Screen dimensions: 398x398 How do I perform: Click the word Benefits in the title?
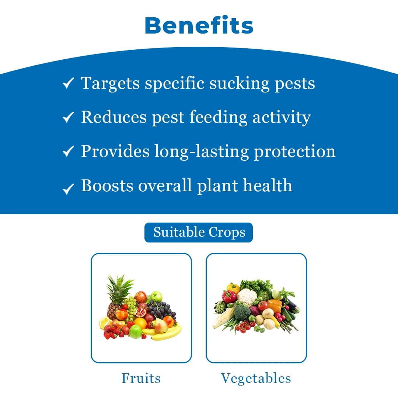pyautogui.click(x=199, y=25)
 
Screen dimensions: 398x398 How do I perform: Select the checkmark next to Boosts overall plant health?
pyautogui.click(x=68, y=188)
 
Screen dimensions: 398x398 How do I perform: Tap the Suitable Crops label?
pyautogui.click(x=199, y=233)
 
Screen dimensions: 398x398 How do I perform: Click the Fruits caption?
pyautogui.click(x=141, y=378)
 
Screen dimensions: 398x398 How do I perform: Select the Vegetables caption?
pyautogui.click(x=256, y=378)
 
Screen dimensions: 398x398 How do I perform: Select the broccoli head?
pyautogui.click(x=242, y=313)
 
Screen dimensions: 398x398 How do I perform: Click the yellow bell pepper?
pyautogui.click(x=233, y=287)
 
